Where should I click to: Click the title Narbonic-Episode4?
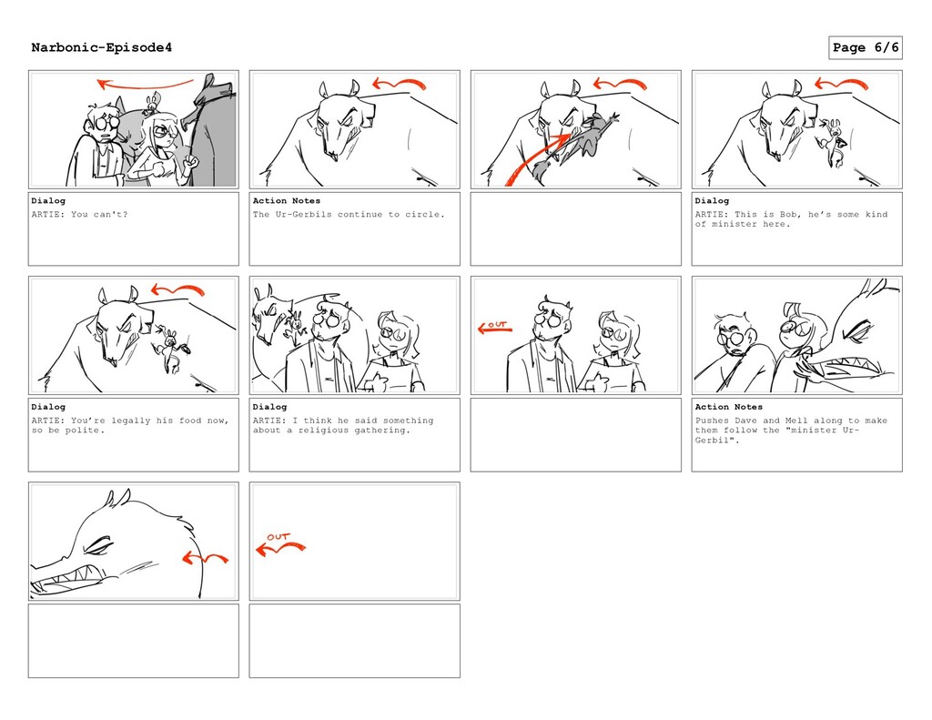[102, 47]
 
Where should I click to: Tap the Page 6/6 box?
[866, 47]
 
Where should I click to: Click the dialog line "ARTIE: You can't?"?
[80, 214]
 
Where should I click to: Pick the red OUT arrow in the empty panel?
[279, 546]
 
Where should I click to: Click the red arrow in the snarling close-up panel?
[205, 558]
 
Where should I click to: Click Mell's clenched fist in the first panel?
[190, 160]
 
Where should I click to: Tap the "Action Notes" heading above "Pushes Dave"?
[729, 407]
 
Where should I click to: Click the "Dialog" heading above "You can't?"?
[48, 200]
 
